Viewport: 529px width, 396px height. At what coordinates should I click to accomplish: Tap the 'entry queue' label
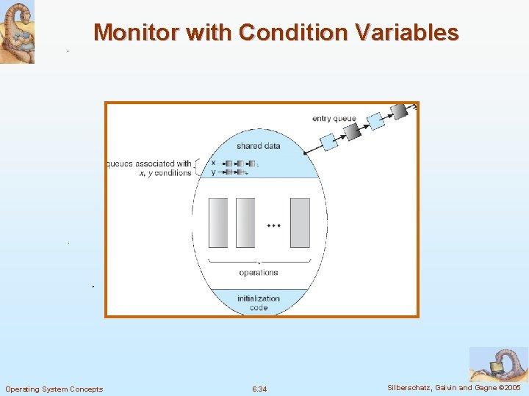tap(334, 119)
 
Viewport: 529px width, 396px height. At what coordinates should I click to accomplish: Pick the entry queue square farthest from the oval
tap(400, 111)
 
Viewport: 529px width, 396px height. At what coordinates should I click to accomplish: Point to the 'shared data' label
tap(258, 146)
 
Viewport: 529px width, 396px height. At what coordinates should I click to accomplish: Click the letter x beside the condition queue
tap(213, 163)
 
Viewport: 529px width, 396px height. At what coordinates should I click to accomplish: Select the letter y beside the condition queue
tap(213, 172)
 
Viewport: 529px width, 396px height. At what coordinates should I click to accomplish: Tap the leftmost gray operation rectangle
tap(218, 222)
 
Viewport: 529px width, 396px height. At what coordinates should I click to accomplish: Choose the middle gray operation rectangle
tap(245, 222)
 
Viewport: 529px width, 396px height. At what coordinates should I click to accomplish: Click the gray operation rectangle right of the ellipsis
tap(300, 222)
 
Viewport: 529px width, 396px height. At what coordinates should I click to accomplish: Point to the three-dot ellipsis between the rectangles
tap(273, 226)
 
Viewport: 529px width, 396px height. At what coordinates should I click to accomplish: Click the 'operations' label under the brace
tap(259, 273)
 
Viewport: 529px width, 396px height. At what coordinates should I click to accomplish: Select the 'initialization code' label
tap(259, 303)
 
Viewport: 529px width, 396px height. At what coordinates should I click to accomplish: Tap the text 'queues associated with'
tap(150, 164)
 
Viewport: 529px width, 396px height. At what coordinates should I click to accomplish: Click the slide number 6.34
tap(259, 389)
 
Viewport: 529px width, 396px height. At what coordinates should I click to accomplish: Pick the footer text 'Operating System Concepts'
tap(54, 389)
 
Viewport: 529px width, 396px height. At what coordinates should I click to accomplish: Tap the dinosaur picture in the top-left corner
tap(17, 32)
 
